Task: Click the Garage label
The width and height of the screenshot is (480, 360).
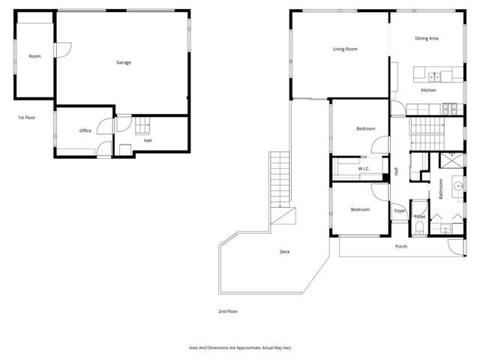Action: point(124,62)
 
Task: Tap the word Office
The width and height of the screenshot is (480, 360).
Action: point(85,130)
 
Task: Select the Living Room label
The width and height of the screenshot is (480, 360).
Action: point(345,49)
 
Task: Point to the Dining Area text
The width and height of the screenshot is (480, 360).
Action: point(427,37)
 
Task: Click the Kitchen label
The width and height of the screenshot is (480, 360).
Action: point(428,90)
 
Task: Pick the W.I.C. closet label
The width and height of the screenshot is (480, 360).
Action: point(364,169)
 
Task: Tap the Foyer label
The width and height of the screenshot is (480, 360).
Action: point(400,211)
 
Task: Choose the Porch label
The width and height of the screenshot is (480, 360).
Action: point(401,246)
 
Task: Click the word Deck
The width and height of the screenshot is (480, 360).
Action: point(285,252)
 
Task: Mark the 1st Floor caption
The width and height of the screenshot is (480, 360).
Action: point(27,118)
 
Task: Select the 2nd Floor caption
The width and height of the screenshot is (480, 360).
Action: point(227,310)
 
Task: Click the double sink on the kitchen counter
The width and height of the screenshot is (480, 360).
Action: point(434,76)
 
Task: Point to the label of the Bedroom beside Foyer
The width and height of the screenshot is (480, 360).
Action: point(360,209)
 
